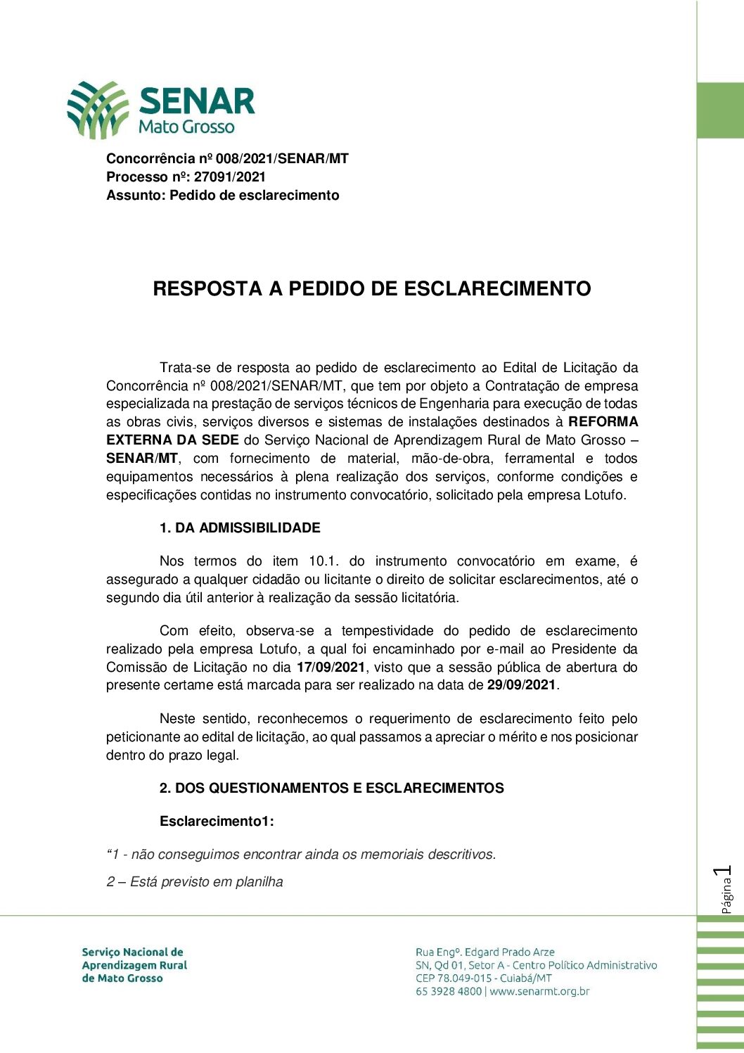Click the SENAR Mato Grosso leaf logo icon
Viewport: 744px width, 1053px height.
click(x=98, y=109)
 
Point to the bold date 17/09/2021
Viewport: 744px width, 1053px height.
click(x=331, y=667)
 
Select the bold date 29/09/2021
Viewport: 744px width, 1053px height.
click(x=521, y=685)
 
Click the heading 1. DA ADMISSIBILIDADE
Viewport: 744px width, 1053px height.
click(x=240, y=528)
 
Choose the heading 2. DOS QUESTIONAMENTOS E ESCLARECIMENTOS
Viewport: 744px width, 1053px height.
click(x=331, y=789)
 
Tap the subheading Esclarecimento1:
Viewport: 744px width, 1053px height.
click(x=217, y=822)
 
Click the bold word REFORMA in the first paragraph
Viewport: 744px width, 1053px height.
click(x=603, y=422)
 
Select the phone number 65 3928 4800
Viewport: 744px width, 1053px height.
click(x=449, y=992)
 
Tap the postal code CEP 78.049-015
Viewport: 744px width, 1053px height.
click(x=454, y=978)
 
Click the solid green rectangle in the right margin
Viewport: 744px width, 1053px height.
click(x=720, y=110)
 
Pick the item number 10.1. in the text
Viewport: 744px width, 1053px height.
click(x=323, y=561)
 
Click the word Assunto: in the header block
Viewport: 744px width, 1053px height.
click(x=136, y=196)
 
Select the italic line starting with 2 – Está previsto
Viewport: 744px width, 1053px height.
click(x=195, y=882)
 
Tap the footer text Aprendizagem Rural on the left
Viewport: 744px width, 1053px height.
click(x=134, y=965)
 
